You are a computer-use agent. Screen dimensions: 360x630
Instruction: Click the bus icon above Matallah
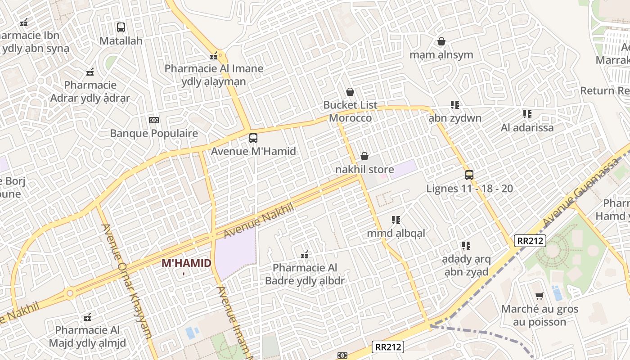pos(121,27)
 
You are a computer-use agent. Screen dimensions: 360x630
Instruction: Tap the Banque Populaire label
pos(154,133)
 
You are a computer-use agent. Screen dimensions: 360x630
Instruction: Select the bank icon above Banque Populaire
pos(154,120)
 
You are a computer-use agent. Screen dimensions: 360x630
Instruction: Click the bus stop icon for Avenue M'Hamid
pos(253,138)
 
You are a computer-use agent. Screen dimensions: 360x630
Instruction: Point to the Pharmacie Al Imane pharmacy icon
pos(214,56)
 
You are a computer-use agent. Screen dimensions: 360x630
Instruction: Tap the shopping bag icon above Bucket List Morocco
pos(350,92)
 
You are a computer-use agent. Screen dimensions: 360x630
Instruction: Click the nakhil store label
pos(364,170)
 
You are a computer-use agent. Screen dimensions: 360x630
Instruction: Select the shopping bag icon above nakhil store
pos(364,156)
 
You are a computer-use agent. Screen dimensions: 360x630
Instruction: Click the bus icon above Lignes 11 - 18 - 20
pos(469,175)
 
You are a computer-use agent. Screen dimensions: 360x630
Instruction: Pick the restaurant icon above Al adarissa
pos(527,114)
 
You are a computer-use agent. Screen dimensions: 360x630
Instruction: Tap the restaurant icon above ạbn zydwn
pos(455,105)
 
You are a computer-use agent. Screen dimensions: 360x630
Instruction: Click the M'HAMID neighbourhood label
pos(186,263)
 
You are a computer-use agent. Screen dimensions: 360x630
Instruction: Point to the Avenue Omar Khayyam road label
pos(128,281)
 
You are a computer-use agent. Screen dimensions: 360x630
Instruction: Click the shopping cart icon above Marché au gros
pos(539,296)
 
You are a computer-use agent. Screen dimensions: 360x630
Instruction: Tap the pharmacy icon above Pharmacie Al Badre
pos(305,255)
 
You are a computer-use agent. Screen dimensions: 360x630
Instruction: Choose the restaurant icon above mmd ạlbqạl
pos(396,220)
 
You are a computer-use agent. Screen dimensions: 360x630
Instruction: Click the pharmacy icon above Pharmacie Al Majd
pos(87,317)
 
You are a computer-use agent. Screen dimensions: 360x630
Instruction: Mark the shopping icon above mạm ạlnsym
pos(441,41)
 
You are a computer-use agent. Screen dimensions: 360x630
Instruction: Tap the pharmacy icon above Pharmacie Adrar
pos(90,72)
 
